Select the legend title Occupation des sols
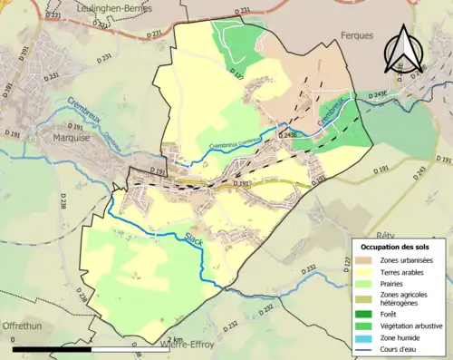[395, 247]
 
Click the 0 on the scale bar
[14, 341]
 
